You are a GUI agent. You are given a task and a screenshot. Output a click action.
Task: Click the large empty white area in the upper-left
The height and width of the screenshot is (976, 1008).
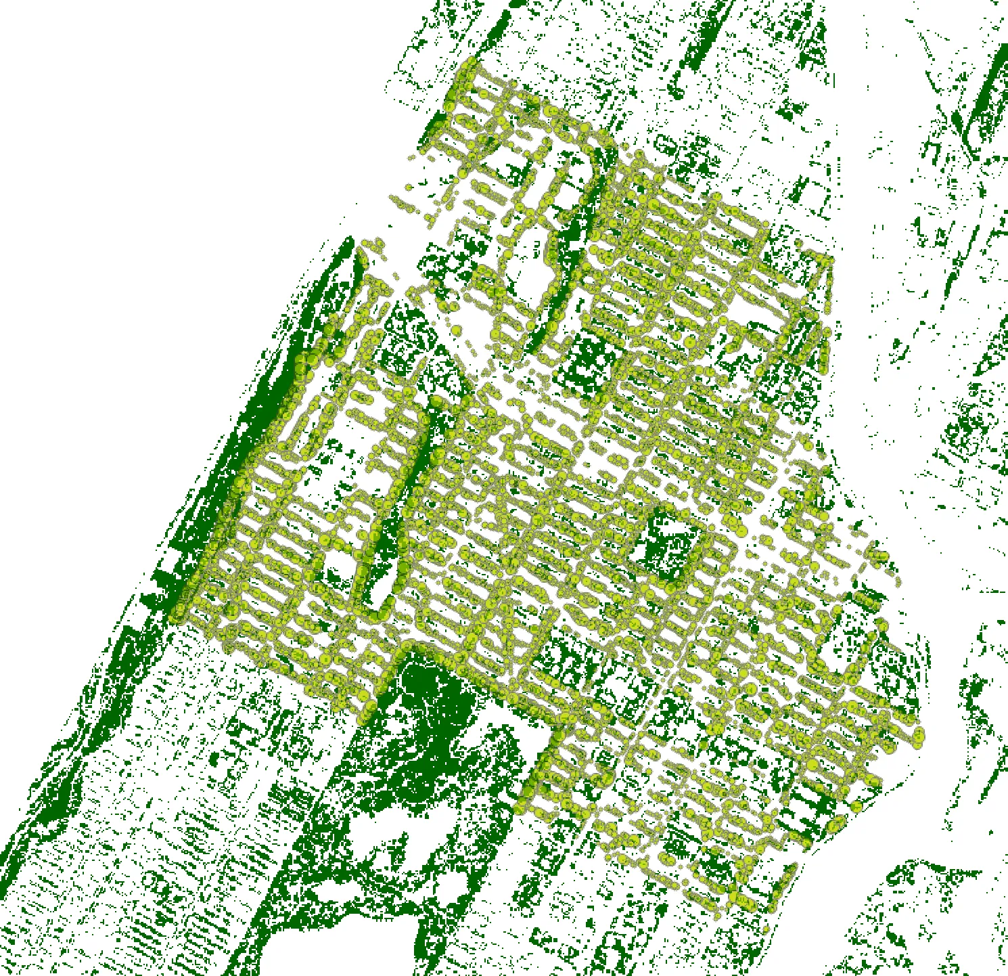click(169, 169)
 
